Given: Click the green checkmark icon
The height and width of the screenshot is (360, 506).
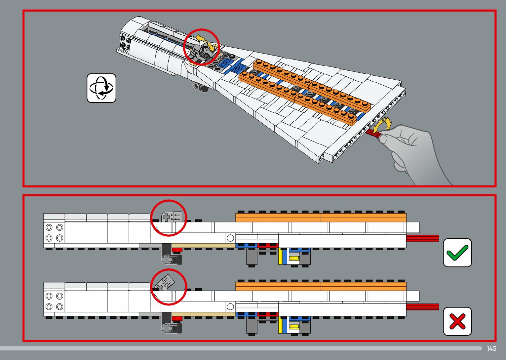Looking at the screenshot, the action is (457, 253).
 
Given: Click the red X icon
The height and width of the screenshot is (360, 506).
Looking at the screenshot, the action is (457, 321).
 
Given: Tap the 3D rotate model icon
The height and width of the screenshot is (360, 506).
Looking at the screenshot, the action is (101, 88).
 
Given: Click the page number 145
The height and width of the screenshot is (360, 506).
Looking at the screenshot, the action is (491, 348).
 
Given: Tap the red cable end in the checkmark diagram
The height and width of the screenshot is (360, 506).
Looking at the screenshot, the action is (422, 238).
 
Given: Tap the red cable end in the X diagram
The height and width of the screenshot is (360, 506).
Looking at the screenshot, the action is (422, 307).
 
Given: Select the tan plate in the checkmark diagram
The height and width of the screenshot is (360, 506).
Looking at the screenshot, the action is (203, 246).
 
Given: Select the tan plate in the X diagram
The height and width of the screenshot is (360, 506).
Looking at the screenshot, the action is (203, 314).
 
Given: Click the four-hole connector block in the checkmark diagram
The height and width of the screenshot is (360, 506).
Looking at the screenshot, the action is (54, 232).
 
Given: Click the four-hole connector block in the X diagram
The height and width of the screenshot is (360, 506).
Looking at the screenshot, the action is (54, 301).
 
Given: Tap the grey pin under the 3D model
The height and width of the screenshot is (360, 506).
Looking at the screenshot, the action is (199, 87).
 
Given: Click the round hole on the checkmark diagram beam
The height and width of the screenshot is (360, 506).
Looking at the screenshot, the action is (230, 238).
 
